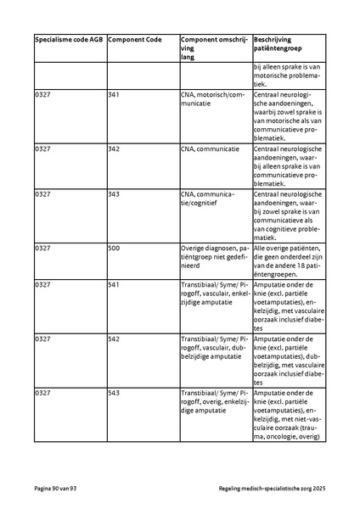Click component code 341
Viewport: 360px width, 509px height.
click(x=114, y=94)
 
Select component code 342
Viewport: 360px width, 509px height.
click(x=114, y=148)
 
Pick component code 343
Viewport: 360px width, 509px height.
click(x=114, y=193)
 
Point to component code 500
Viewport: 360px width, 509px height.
click(x=114, y=248)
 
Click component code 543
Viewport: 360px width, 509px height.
click(x=114, y=392)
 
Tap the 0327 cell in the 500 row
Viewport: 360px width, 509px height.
click(x=42, y=248)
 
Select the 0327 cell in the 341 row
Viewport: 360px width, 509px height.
click(x=42, y=94)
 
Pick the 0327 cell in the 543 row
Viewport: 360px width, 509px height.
click(x=42, y=392)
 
